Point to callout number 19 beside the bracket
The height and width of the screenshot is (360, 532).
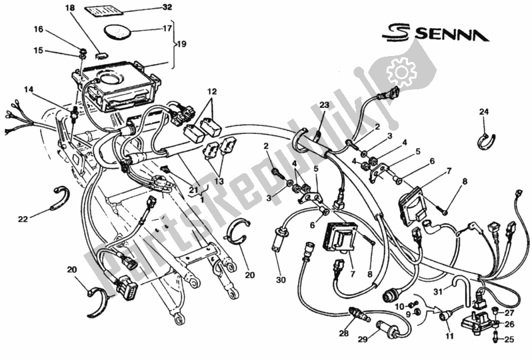pos(183,45)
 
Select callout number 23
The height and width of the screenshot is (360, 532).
pos(324,105)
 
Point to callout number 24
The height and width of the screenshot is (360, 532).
pos(483,112)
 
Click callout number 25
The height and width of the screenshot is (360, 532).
pos(510,339)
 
